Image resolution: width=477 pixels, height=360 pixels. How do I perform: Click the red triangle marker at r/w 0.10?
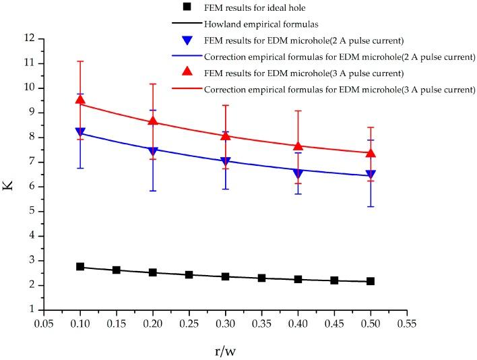point(80,100)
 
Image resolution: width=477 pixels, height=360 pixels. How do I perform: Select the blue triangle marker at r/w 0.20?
point(153,151)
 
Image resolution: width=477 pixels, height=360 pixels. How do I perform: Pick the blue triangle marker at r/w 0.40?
point(298,174)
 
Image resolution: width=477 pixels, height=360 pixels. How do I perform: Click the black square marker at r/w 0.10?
point(80,267)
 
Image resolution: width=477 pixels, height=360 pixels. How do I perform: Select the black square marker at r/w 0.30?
point(226,276)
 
